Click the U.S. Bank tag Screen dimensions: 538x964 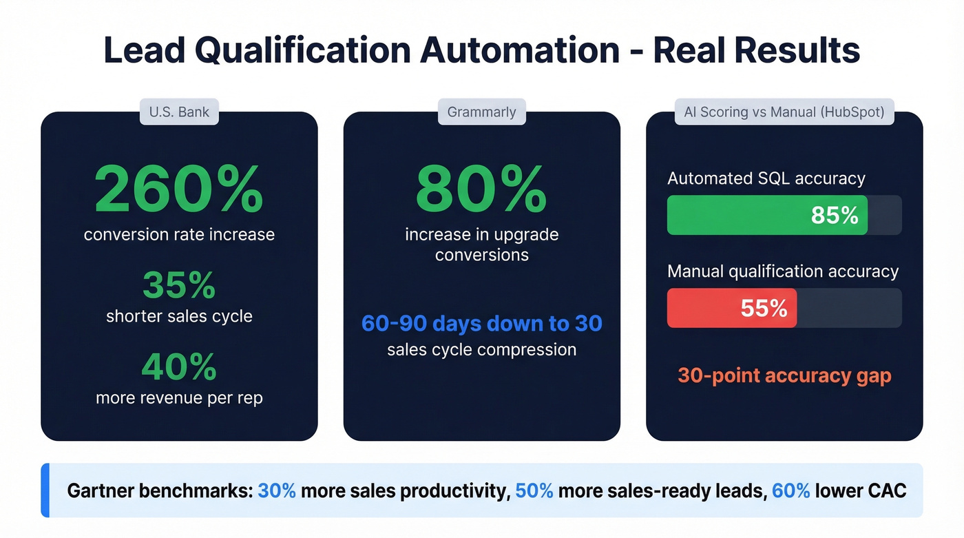click(179, 112)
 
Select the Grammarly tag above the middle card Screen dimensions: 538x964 click(481, 112)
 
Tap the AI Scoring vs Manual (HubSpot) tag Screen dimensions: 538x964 click(784, 112)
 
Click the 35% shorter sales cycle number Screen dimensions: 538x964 click(179, 284)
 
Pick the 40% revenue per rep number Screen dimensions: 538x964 click(179, 366)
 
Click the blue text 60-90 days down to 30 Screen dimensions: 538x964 click(481, 323)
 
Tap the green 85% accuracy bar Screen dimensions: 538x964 click(767, 215)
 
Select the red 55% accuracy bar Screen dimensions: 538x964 click(731, 308)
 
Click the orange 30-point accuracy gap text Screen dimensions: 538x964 click(784, 375)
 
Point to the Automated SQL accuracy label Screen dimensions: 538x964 click(766, 178)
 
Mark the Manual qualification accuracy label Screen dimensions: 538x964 click(783, 271)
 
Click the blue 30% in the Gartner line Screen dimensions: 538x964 click(277, 491)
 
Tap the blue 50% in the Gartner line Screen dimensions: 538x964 click(534, 491)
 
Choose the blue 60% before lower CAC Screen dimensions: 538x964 click(790, 491)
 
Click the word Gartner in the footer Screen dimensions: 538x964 click(102, 491)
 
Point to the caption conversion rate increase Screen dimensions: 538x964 click(179, 234)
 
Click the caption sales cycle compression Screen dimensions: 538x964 click(481, 349)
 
